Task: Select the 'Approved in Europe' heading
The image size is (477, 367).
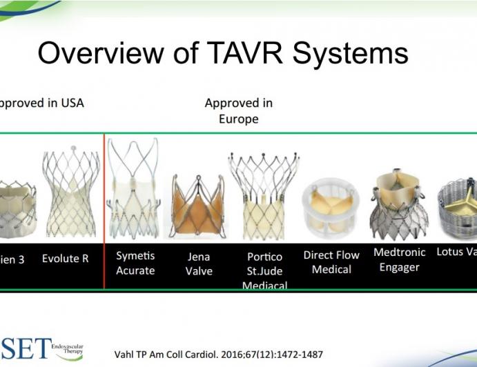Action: click(238, 110)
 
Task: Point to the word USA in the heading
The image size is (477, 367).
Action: click(69, 103)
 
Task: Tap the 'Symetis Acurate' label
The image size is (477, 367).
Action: click(135, 264)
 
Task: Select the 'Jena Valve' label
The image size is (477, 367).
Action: click(199, 264)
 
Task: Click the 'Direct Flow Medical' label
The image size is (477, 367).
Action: click(331, 262)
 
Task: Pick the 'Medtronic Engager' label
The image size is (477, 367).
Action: click(399, 259)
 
